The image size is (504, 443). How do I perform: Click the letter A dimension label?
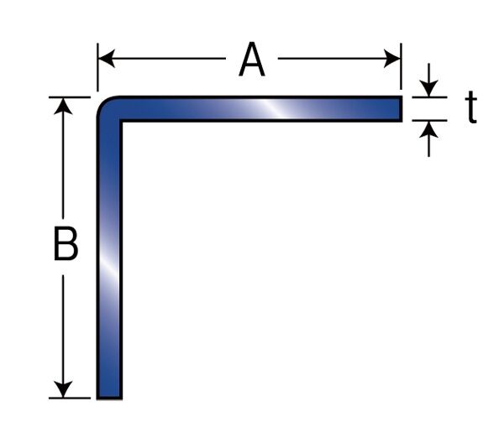click(x=252, y=60)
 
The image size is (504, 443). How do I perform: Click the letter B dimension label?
click(x=66, y=243)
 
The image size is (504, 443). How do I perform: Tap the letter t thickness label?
click(x=471, y=107)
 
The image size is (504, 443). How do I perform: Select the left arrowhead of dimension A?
click(x=107, y=59)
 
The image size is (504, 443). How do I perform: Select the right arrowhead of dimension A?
click(x=392, y=59)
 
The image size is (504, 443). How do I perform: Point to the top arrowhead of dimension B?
click(x=63, y=106)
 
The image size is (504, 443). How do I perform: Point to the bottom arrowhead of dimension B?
click(x=63, y=389)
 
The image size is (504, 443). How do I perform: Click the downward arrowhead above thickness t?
click(x=428, y=88)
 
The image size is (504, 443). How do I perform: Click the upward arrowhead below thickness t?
click(x=428, y=129)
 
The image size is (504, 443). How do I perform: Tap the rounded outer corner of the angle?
click(x=103, y=102)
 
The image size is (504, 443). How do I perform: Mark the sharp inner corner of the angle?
click(x=121, y=121)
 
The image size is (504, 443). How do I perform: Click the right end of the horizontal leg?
click(x=402, y=108)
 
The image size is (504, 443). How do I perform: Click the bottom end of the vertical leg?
click(x=109, y=398)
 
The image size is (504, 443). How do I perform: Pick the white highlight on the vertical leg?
click(x=109, y=267)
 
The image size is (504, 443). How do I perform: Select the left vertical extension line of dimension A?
click(x=97, y=67)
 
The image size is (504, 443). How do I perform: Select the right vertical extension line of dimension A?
click(x=402, y=66)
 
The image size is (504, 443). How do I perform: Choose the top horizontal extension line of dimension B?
click(x=70, y=97)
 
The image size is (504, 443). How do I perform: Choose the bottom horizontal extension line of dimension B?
click(x=70, y=398)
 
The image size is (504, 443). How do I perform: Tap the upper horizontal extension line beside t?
click(x=430, y=97)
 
